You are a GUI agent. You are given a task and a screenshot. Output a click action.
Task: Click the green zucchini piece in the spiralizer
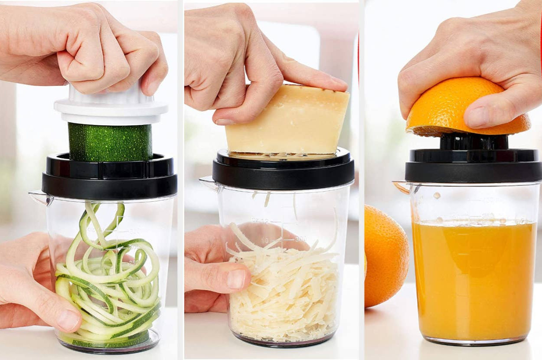[x=111, y=142]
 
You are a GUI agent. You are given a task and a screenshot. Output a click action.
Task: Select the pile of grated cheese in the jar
[x=284, y=291]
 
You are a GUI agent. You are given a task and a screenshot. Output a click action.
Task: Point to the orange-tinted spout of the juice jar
[x=402, y=187]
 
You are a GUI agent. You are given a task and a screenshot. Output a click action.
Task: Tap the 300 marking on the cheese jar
[x=300, y=239]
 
